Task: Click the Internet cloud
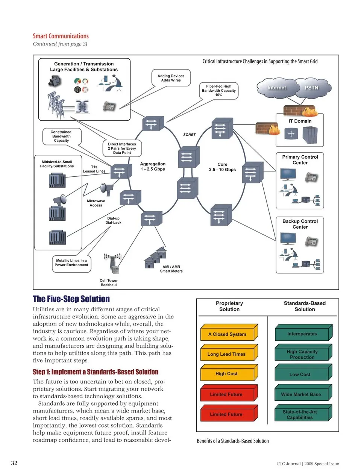point(277,88)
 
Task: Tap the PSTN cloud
point(311,88)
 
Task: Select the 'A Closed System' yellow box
point(228,334)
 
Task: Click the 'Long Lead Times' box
point(227,354)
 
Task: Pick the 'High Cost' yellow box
point(227,374)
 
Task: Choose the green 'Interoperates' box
point(302,334)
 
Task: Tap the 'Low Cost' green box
point(300,374)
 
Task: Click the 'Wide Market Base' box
point(301,394)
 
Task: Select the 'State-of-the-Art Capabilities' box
point(300,414)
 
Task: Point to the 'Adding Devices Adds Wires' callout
point(171,78)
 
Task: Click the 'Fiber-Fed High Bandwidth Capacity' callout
point(219,91)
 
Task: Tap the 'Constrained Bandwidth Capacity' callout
point(61,136)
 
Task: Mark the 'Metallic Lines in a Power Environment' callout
point(71,263)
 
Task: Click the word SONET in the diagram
point(190,135)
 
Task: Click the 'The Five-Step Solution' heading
point(71,299)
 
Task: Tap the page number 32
point(14,463)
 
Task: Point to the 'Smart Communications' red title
point(61,36)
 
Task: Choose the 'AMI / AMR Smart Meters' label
point(171,269)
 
